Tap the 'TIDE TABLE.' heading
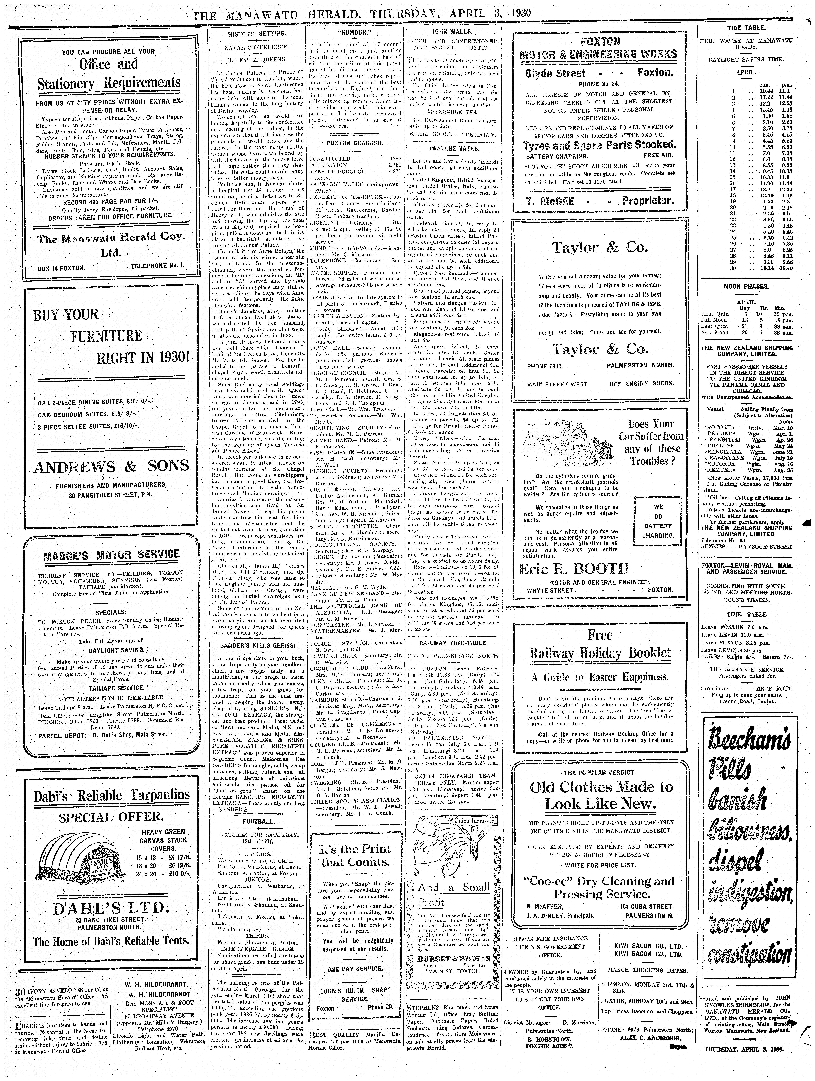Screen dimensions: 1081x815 [746, 28]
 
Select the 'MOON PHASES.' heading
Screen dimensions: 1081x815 [746, 286]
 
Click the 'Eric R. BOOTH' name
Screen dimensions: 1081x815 [574, 569]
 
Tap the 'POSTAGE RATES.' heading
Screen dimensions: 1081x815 [454, 148]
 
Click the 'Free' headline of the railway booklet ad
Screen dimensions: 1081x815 [600, 635]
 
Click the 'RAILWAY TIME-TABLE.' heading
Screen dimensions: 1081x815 [453, 643]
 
